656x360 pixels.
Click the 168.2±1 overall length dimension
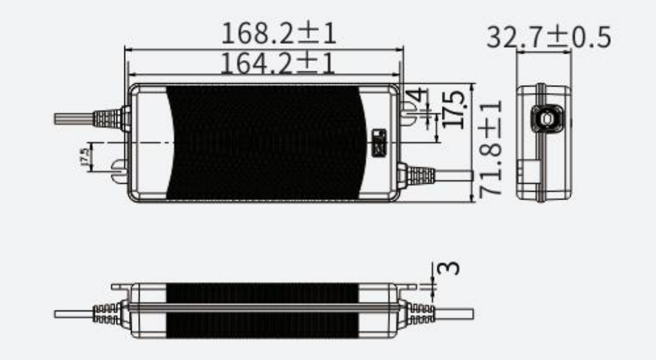click(279, 33)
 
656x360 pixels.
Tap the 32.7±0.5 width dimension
click(548, 38)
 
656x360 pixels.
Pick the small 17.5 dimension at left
click(83, 157)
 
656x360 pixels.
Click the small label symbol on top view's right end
click(379, 143)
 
